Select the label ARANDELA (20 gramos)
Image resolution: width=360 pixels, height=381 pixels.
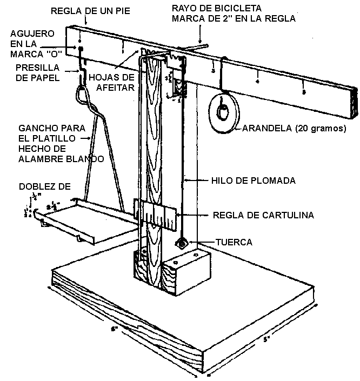pyautogui.click(x=294, y=128)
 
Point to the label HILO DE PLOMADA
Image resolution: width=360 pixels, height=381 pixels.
pyautogui.click(x=246, y=179)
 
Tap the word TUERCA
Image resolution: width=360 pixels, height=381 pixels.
pyautogui.click(x=234, y=242)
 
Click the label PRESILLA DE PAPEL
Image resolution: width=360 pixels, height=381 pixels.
pyautogui.click(x=32, y=73)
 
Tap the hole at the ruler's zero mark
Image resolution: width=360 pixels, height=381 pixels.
pyautogui.click(x=81, y=49)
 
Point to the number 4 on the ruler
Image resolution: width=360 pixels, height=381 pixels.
pyautogui.click(x=257, y=82)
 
